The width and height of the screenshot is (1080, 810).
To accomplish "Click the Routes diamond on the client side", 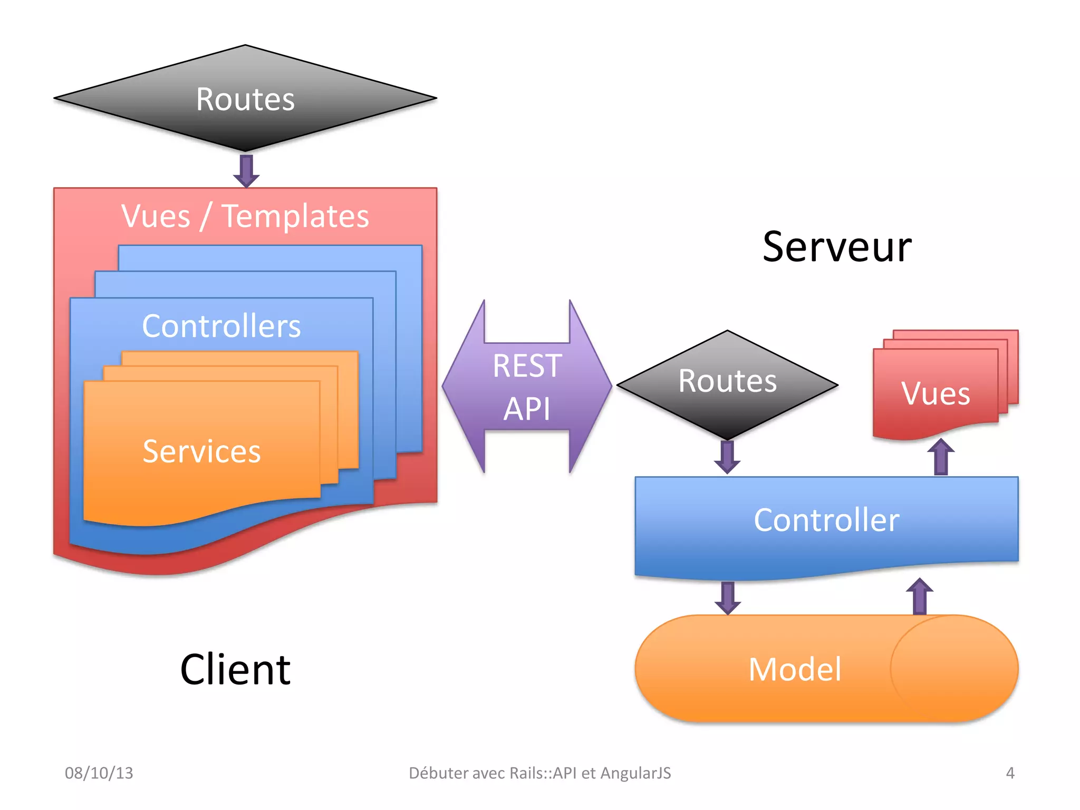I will (x=245, y=99).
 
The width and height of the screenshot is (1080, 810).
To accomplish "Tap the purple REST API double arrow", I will (x=527, y=387).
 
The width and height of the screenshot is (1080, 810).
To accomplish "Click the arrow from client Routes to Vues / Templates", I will (x=246, y=170).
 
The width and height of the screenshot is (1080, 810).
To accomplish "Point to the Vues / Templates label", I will (x=245, y=216).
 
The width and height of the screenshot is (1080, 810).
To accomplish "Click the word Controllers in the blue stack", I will (x=221, y=326).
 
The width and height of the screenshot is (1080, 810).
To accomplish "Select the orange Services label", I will (x=202, y=451).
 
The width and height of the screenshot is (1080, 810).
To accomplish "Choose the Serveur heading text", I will (x=837, y=247).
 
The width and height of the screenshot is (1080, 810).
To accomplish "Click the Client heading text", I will (x=235, y=670).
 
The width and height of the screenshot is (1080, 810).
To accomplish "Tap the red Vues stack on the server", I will (x=936, y=393).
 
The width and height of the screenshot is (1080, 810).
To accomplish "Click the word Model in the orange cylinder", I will (x=795, y=670).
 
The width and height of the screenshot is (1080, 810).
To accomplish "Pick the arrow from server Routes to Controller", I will (x=727, y=457).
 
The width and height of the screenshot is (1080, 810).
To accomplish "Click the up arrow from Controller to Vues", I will (x=941, y=457).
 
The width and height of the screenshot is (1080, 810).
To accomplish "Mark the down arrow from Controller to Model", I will (x=728, y=597).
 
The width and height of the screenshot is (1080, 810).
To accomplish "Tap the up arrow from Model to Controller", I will (x=920, y=596).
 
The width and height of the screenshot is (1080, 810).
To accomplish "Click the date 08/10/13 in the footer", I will (x=99, y=773).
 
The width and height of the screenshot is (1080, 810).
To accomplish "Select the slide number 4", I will (x=1010, y=773).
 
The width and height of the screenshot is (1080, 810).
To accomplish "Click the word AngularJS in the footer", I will (x=635, y=773).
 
